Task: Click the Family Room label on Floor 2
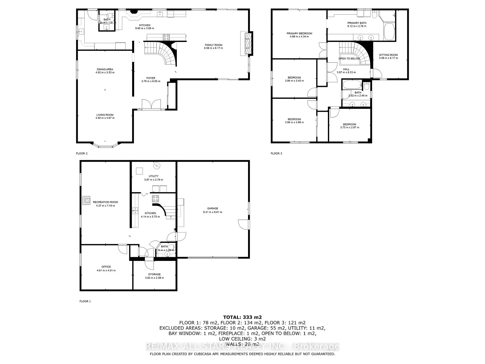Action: (x=213, y=45)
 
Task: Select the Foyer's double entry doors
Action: (x=151, y=105)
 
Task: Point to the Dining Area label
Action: (x=105, y=69)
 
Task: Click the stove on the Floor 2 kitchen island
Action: (x=166, y=37)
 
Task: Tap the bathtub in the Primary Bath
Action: (x=389, y=32)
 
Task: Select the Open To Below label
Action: (x=349, y=59)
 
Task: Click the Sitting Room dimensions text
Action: (x=388, y=58)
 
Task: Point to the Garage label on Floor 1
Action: (x=213, y=209)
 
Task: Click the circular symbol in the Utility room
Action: (x=157, y=166)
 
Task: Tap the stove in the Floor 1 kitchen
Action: (x=155, y=198)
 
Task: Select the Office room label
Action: (x=106, y=267)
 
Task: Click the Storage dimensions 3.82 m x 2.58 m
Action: (x=154, y=278)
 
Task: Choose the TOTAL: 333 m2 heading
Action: (x=242, y=317)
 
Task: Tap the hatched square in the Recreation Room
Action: (x=87, y=200)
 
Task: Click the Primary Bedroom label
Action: (x=299, y=33)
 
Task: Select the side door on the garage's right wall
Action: (x=243, y=224)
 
